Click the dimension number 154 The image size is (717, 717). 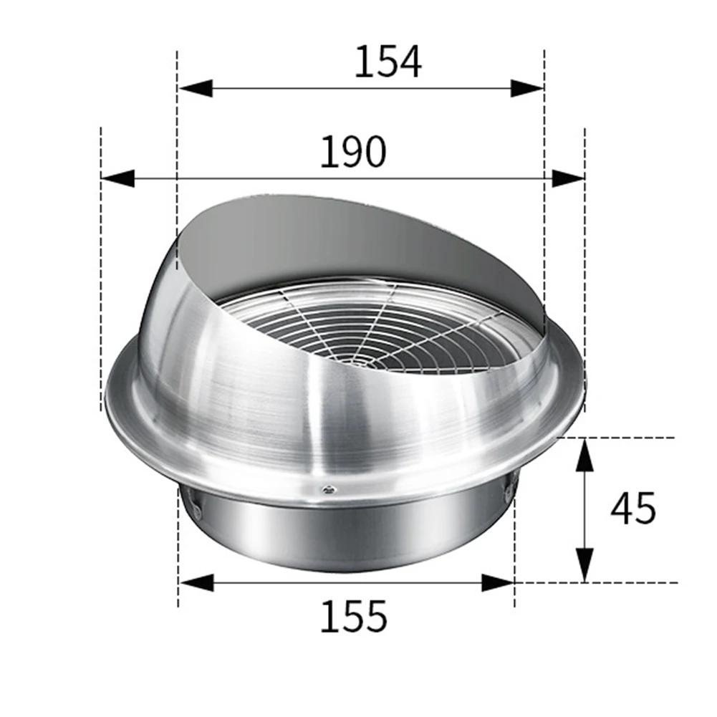tap(388, 62)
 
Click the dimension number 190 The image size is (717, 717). tap(352, 151)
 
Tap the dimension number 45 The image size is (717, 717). tap(633, 509)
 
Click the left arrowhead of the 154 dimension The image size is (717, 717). tap(195, 88)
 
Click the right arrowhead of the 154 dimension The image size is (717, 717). tap(526, 88)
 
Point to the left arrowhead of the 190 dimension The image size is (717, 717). tap(118, 178)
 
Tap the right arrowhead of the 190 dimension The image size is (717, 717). tap(568, 178)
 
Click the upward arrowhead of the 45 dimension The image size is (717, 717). tap(585, 455)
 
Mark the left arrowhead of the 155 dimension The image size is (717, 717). tap(195, 582)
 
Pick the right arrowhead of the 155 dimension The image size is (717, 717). tap(497, 582)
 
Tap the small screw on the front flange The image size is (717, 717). tap(327, 489)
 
